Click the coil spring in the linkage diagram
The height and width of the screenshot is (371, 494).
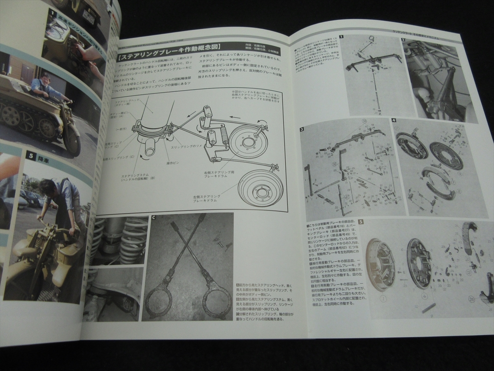click(x=224, y=135)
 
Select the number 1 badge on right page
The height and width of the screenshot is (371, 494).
click(x=342, y=37)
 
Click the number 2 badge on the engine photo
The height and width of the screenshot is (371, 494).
click(x=404, y=40)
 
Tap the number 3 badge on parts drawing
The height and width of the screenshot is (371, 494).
click(x=302, y=129)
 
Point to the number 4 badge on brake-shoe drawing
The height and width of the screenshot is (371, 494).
click(x=394, y=121)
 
